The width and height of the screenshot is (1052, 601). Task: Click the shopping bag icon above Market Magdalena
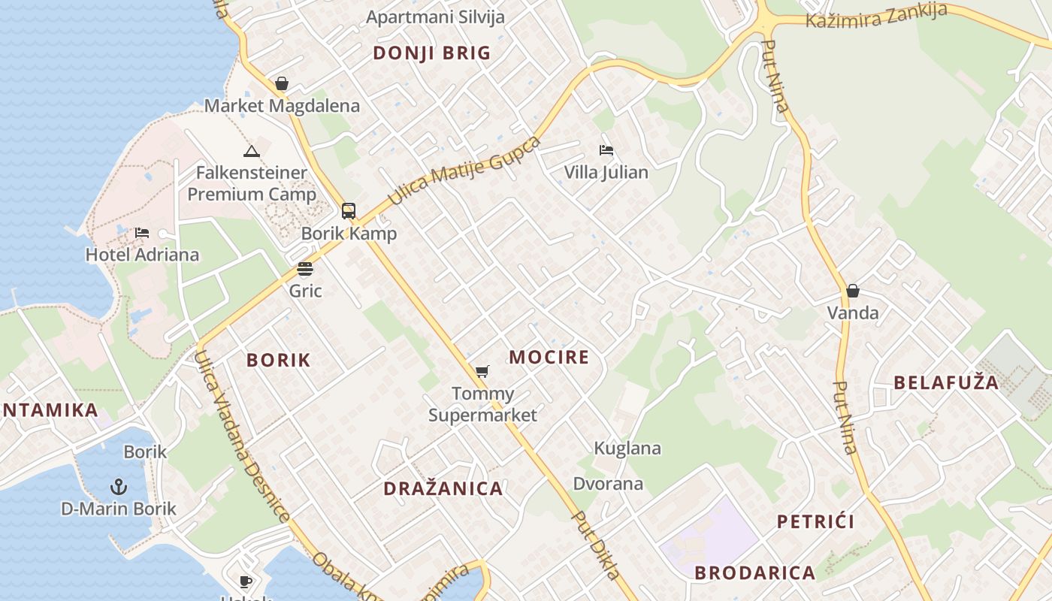coord(282,83)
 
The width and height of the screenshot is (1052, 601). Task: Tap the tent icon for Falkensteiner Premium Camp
coord(252,151)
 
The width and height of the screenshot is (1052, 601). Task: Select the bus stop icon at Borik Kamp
coord(349,211)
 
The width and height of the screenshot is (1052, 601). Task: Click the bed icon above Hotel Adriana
coord(142,233)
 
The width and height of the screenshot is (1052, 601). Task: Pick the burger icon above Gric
coord(304,269)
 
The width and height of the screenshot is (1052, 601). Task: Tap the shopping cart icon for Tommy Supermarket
coord(482,371)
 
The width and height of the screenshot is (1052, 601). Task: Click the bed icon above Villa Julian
coord(606,150)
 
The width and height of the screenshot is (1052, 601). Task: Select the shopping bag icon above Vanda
coord(853,291)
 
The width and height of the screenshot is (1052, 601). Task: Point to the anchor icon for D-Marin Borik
coord(119,487)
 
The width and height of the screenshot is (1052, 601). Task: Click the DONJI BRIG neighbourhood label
coord(431,53)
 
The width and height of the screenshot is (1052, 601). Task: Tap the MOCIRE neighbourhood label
coord(549,358)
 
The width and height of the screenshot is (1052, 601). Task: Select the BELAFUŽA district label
coord(946,382)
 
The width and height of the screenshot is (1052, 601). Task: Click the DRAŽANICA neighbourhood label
coord(443,489)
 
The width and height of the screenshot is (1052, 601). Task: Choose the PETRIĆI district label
coord(815,521)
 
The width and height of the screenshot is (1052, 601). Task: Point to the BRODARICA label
coord(754,572)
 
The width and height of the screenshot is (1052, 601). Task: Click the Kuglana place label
coord(627,448)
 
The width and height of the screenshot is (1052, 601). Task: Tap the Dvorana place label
coord(608,484)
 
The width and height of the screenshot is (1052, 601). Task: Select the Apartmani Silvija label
coord(435,17)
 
